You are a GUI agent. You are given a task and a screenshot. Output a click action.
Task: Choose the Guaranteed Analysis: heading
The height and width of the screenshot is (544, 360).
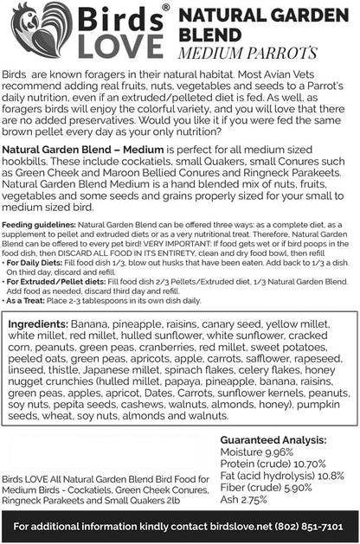pyautogui.click(x=277, y=438)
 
